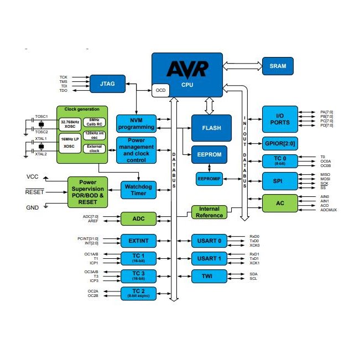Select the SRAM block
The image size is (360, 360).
tap(278, 66)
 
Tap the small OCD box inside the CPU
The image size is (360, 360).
tap(160, 90)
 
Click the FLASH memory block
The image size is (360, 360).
tap(211, 128)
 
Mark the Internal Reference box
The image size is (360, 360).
tap(209, 212)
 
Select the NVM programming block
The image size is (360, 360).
tap(135, 123)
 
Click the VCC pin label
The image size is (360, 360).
tap(33, 177)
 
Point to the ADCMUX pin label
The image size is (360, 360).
tap(328, 210)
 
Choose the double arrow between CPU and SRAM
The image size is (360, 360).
tap(242, 66)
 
